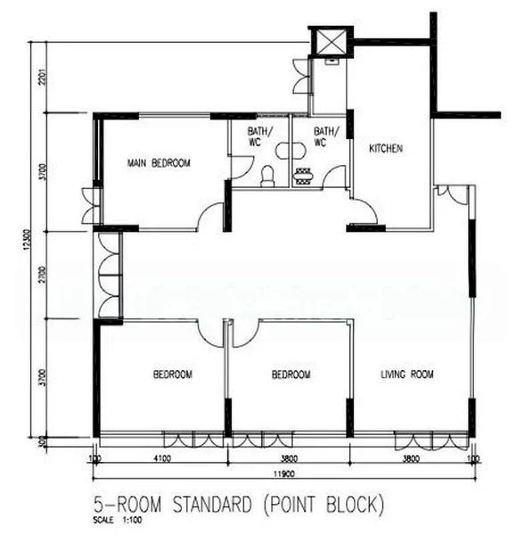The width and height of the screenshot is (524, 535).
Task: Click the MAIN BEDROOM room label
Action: click(x=158, y=163)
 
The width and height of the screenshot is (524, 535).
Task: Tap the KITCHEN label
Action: click(x=387, y=148)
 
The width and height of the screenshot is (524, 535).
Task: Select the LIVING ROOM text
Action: click(x=407, y=375)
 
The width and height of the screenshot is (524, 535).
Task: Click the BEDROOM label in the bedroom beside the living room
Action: click(x=291, y=375)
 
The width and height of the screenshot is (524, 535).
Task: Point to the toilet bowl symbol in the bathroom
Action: click(x=266, y=177)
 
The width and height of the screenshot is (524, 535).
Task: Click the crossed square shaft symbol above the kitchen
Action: click(x=330, y=41)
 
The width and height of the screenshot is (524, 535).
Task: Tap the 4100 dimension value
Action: click(x=161, y=461)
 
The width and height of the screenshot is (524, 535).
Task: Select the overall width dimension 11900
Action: click(x=283, y=475)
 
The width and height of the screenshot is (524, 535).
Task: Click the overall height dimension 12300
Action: click(x=29, y=242)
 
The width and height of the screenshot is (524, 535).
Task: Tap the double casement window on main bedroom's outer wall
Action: click(x=87, y=205)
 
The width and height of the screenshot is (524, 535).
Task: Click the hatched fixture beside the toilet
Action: click(x=303, y=176)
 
